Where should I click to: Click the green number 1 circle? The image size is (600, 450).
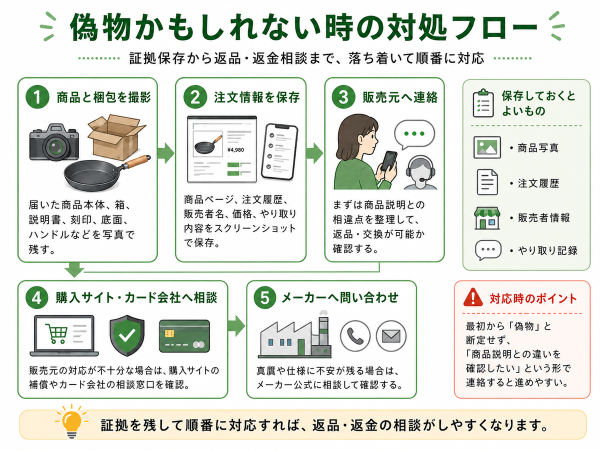click(x=37, y=97)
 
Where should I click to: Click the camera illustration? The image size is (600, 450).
click(x=54, y=142)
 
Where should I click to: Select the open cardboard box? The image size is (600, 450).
click(x=116, y=137)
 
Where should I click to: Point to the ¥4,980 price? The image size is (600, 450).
click(x=235, y=149)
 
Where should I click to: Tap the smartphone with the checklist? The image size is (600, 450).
click(x=279, y=151)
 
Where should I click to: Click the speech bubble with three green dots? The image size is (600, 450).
click(x=414, y=134)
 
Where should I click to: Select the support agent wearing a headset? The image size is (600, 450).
click(x=420, y=172)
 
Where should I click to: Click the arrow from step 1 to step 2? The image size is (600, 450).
click(x=166, y=153)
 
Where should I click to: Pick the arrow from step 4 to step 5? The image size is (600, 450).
click(x=236, y=325)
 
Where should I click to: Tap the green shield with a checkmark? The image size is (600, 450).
click(x=127, y=335)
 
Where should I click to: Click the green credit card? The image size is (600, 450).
click(x=184, y=336)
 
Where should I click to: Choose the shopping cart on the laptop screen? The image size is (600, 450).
click(x=56, y=333)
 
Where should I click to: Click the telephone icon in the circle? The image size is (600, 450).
click(x=355, y=336)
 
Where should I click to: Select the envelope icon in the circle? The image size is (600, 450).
click(x=391, y=336)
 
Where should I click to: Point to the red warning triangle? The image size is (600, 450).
click(x=473, y=297)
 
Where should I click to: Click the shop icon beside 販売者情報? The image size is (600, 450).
click(x=487, y=218)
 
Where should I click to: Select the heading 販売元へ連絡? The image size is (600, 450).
click(x=400, y=97)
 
